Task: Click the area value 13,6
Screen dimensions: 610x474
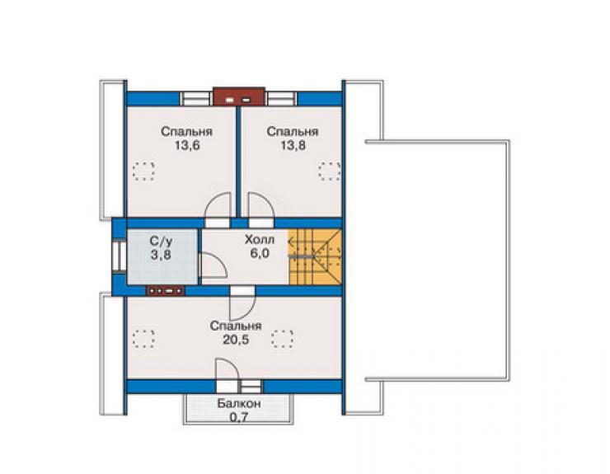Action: tap(187, 146)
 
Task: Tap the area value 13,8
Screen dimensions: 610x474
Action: tap(293, 145)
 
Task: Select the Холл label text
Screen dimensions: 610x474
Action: tap(260, 240)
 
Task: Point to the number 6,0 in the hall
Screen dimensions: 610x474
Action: tap(260, 254)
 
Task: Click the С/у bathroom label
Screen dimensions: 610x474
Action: tap(161, 242)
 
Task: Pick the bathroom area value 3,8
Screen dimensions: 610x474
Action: tap(161, 256)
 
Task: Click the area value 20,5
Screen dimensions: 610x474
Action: tap(236, 340)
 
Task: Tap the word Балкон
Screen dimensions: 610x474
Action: tap(239, 404)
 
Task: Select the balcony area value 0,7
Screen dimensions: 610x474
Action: tap(239, 418)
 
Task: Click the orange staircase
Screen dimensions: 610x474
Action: tap(315, 257)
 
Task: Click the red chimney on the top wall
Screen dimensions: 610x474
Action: tap(239, 96)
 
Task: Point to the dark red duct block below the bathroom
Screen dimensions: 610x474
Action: tap(165, 290)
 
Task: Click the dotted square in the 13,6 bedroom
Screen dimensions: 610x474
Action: tap(143, 171)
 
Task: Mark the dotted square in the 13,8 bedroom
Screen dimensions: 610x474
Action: tap(330, 171)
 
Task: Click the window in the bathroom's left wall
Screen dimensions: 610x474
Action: tap(119, 256)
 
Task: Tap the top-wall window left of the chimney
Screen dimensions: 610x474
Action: tap(196, 99)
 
